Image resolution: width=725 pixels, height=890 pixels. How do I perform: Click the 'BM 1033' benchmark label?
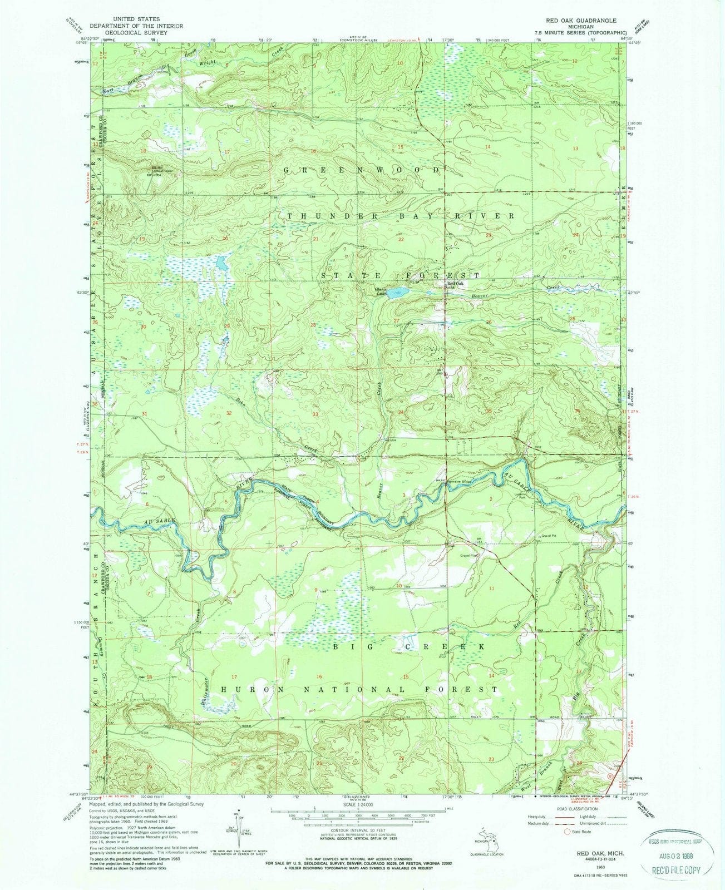pos(479,540)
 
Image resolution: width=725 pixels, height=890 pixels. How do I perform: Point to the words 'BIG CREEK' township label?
pos(409,647)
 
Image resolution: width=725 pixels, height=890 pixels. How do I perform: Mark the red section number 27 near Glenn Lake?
pos(396,321)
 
